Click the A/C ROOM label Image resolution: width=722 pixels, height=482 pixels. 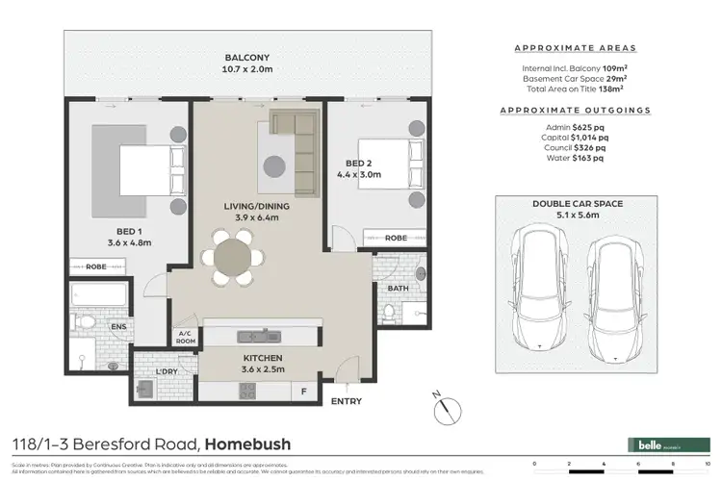pyautogui.click(x=185, y=338)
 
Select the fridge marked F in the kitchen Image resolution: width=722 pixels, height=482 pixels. pyautogui.click(x=304, y=392)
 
